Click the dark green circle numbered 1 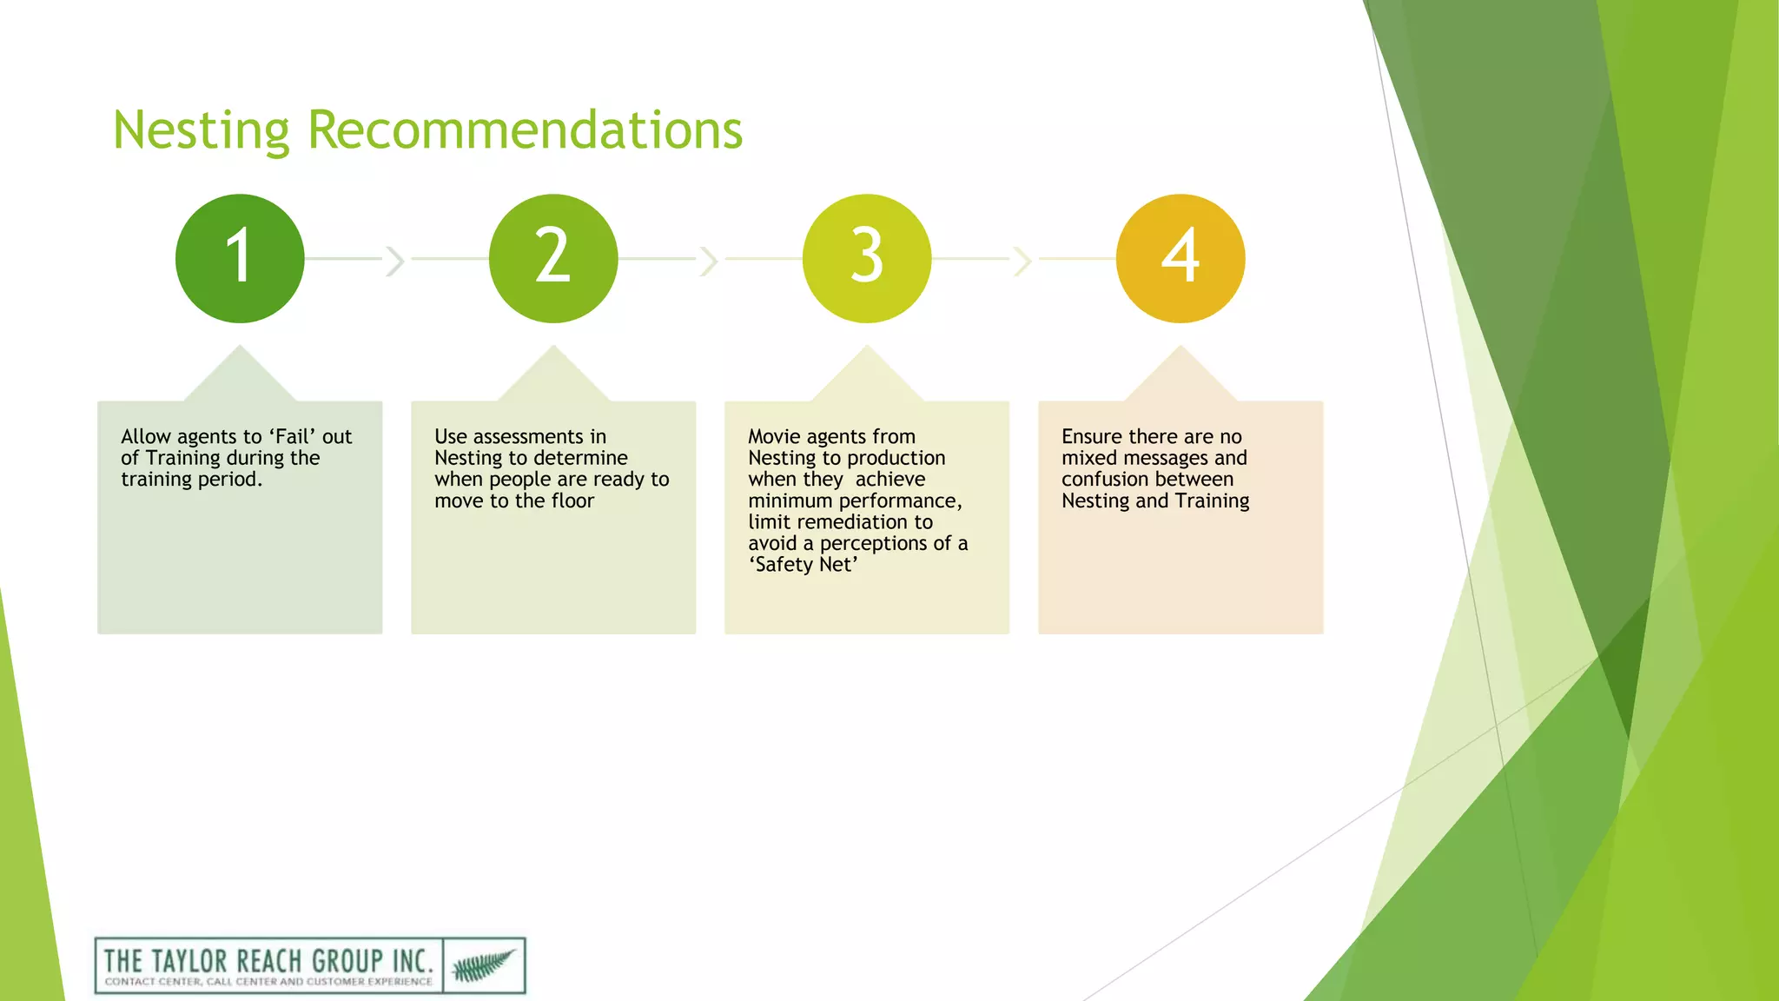pyautogui.click(x=240, y=258)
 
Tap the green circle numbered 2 pyautogui.click(x=553, y=258)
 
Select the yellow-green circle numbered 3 pyautogui.click(x=867, y=258)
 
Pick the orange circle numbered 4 pyautogui.click(x=1180, y=258)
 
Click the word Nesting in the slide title pyautogui.click(x=201, y=130)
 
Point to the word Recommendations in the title pyautogui.click(x=525, y=130)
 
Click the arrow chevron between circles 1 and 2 pyautogui.click(x=395, y=260)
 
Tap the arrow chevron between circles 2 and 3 pyautogui.click(x=709, y=260)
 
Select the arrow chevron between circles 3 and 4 pyautogui.click(x=1022, y=260)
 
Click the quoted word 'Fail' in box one pyautogui.click(x=292, y=436)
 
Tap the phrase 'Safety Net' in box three pyautogui.click(x=804, y=565)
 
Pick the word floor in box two pyautogui.click(x=572, y=501)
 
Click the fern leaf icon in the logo pyautogui.click(x=483, y=965)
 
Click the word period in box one pyautogui.click(x=228, y=480)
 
